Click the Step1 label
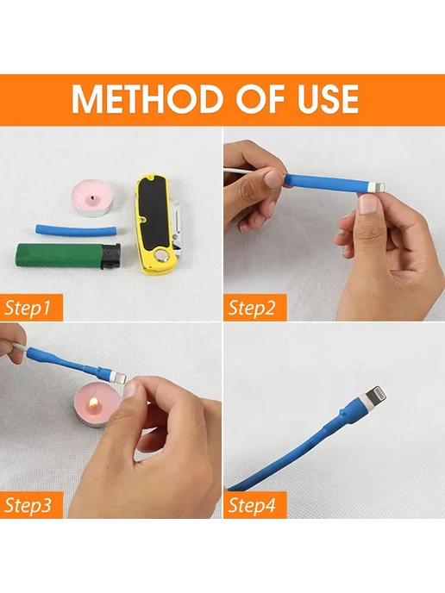pyautogui.click(x=28, y=308)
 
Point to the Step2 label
pyautogui.click(x=252, y=308)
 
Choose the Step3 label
pyautogui.click(x=28, y=505)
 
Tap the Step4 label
pyautogui.click(x=252, y=505)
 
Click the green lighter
pyautogui.click(x=68, y=256)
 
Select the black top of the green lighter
pyautogui.click(x=110, y=257)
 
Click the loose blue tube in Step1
pyautogui.click(x=76, y=230)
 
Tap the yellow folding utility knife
pyautogui.click(x=158, y=224)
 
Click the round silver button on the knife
pyautogui.click(x=163, y=258)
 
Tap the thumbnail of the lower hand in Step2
pyautogui.click(x=367, y=204)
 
